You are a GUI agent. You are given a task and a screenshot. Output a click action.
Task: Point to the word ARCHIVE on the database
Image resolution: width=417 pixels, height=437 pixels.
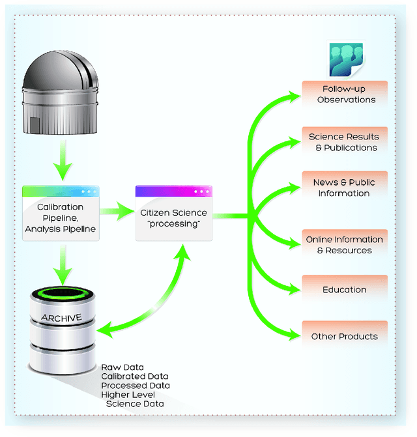(61, 318)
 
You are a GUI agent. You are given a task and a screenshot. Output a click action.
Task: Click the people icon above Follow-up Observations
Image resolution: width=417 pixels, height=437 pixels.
(345, 60)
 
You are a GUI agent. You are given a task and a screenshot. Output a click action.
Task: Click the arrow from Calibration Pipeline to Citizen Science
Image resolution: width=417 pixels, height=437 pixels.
(117, 210)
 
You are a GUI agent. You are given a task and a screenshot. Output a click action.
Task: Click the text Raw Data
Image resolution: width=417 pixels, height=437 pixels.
(122, 367)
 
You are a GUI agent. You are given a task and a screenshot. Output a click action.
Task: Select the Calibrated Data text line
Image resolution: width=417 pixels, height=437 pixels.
(134, 376)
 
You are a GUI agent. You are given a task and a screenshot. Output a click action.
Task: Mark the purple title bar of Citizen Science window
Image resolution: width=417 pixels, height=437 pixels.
(173, 191)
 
